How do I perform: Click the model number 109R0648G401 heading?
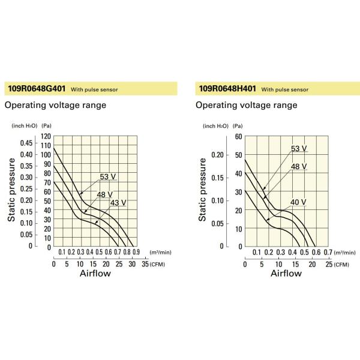click(35, 89)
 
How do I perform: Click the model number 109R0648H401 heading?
click(227, 89)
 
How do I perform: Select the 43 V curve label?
click(118, 203)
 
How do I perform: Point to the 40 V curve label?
click(298, 202)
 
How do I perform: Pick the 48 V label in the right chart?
click(299, 166)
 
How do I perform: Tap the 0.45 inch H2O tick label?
click(27, 143)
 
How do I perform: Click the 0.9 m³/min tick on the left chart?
click(136, 253)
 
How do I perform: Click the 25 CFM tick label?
click(327, 264)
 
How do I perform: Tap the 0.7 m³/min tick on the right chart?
click(328, 253)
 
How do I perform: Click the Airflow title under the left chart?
click(95, 274)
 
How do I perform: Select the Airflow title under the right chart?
click(286, 274)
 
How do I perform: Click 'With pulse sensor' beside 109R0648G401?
click(94, 89)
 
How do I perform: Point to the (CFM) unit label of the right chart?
click(341, 264)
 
